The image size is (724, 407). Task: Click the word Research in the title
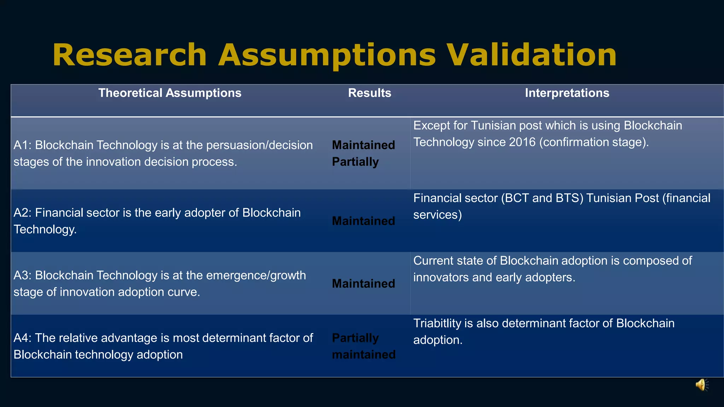point(129,55)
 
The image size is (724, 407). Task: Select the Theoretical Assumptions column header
point(170,93)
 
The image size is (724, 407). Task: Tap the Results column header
point(369,93)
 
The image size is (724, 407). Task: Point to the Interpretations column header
point(567,93)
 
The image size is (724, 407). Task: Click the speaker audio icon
point(702,385)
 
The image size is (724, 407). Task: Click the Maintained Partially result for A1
point(363,153)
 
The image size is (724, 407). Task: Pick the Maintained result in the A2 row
point(363,221)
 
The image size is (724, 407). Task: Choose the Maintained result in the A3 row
point(363,284)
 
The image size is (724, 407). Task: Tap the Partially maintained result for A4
point(363,346)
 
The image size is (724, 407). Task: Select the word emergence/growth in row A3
point(256,276)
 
